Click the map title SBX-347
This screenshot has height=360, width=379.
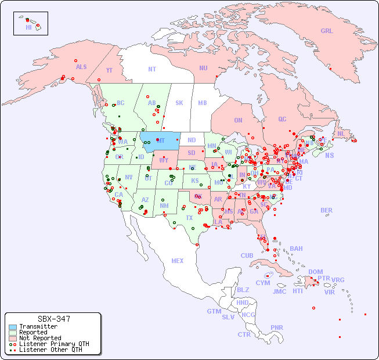click(53, 319)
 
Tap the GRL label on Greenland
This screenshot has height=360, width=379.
click(327, 31)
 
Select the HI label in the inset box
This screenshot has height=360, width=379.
click(28, 27)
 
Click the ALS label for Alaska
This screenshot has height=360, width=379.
click(81, 67)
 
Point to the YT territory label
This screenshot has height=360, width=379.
click(109, 70)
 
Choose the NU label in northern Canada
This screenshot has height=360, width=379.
click(203, 68)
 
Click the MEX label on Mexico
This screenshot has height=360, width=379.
click(177, 261)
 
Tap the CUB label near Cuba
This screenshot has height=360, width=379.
click(247, 255)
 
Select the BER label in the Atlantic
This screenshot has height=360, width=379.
click(326, 210)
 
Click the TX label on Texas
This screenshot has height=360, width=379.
click(189, 218)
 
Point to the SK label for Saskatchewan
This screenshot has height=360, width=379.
click(179, 103)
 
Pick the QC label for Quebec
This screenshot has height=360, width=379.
click(282, 119)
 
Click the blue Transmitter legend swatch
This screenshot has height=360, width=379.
click(12, 327)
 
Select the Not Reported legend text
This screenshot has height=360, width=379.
click(40, 338)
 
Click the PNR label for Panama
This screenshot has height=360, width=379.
click(277, 327)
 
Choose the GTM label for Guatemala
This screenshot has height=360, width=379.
click(214, 311)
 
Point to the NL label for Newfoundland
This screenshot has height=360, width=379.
click(341, 134)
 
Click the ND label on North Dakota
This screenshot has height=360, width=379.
click(192, 140)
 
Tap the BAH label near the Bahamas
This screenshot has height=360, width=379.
click(296, 249)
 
